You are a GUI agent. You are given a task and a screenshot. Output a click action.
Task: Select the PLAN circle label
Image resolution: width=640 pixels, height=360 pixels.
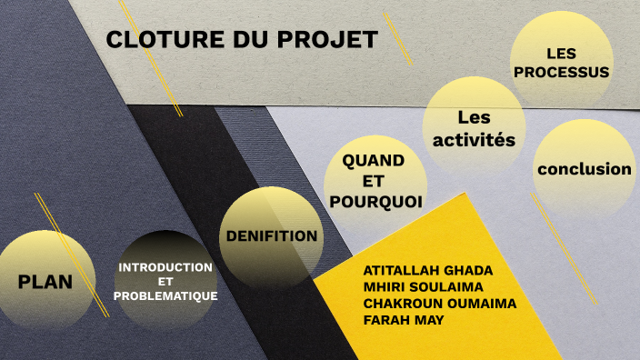tap(45, 281)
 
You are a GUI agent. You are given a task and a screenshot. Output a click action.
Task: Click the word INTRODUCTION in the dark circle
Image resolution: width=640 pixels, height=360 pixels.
tap(165, 267)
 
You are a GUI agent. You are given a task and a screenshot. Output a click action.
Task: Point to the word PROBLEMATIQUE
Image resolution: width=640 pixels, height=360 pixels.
tap(165, 296)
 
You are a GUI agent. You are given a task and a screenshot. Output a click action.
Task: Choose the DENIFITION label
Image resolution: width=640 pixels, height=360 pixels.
tap(272, 236)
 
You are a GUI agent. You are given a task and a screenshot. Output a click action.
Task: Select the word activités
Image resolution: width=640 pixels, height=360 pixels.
tap(474, 140)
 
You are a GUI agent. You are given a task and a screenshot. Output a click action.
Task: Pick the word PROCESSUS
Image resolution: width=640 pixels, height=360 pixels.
tap(561, 72)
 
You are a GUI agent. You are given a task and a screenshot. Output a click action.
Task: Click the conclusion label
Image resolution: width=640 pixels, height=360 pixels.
tap(584, 169)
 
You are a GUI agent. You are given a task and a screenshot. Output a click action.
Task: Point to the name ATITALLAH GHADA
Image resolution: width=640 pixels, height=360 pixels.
tap(427, 271)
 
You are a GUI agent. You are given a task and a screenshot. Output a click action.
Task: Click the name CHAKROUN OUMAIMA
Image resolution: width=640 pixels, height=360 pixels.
tap(439, 304)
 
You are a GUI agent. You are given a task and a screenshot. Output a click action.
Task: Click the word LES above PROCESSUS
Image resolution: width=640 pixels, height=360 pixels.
tap(562, 54)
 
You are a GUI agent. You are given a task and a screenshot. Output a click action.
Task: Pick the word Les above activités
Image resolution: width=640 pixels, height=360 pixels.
tap(474, 117)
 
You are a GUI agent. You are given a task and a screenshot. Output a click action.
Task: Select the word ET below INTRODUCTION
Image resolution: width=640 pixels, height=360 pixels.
tap(165, 282)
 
